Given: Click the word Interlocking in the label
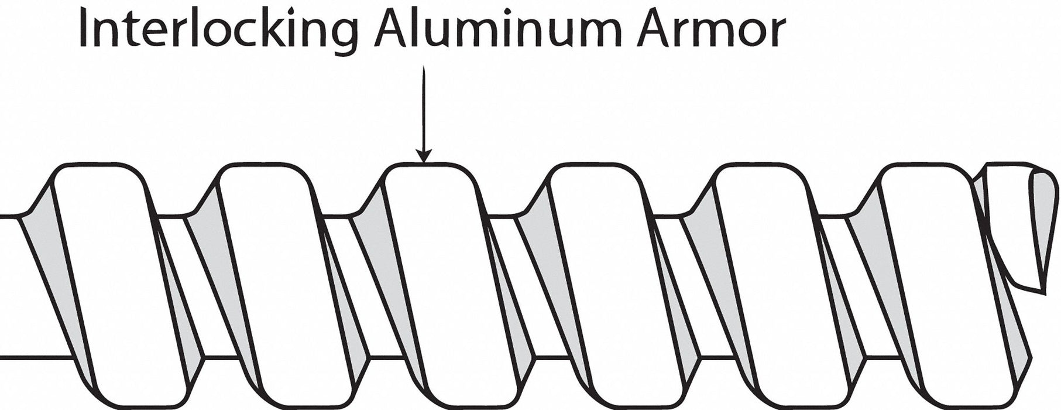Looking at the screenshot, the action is click(219, 30).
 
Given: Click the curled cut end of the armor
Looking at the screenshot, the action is click(1021, 234).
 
